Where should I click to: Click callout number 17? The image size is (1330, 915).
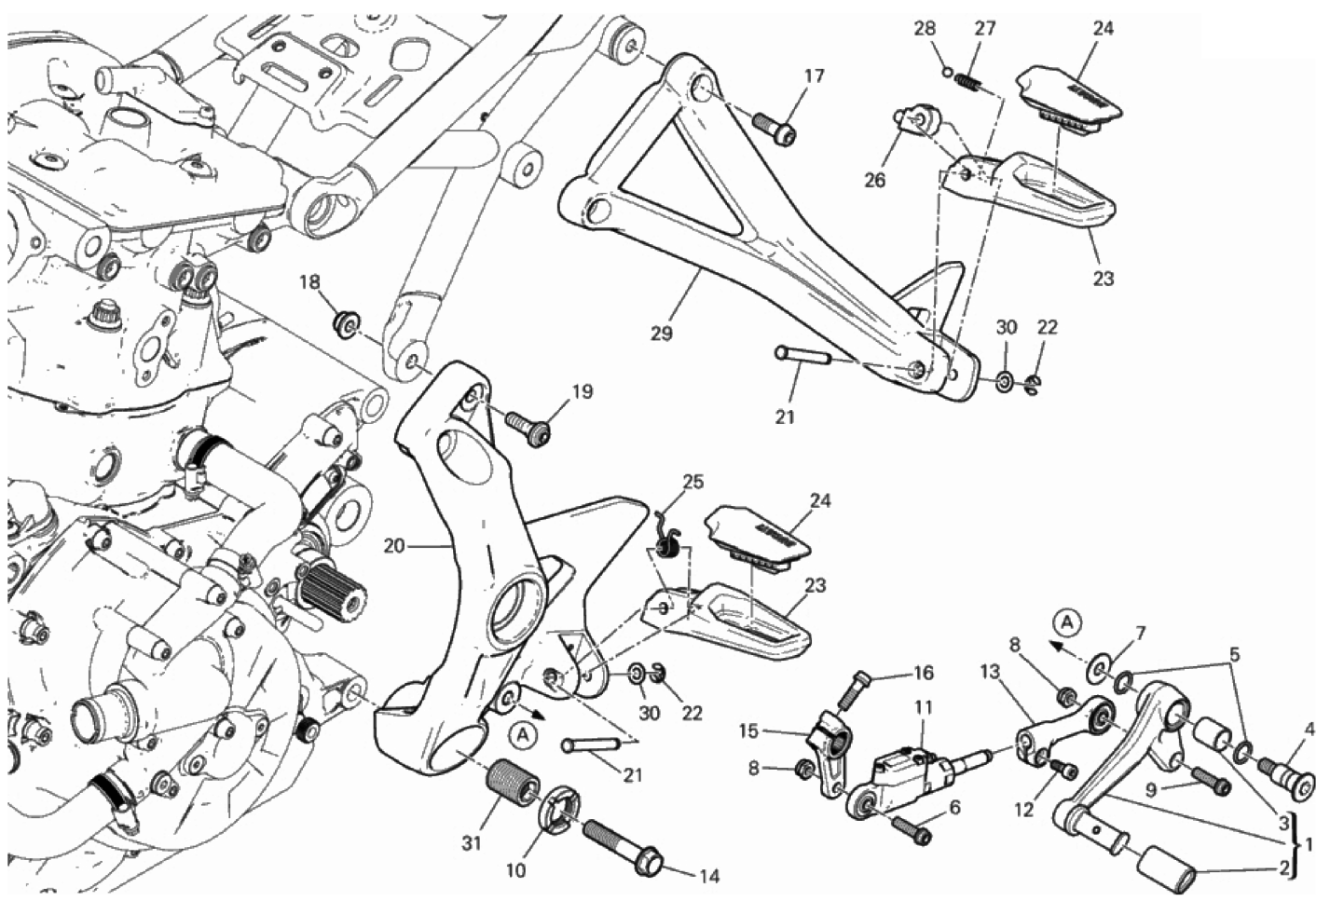[x=814, y=75]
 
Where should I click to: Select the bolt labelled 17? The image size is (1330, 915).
[x=774, y=128]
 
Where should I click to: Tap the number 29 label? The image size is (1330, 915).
[x=661, y=333]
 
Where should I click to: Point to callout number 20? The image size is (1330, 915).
[x=394, y=545]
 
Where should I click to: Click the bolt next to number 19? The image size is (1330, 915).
[x=528, y=426]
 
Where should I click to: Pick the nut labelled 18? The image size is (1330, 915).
[x=347, y=323]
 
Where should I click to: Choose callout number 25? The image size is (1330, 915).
[x=692, y=482]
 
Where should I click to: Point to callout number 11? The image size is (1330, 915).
[x=923, y=708]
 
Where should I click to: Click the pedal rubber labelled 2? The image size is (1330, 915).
[x=1168, y=874]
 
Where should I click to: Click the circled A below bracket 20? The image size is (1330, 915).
[x=524, y=735]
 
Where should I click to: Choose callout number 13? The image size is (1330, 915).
[x=989, y=671]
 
